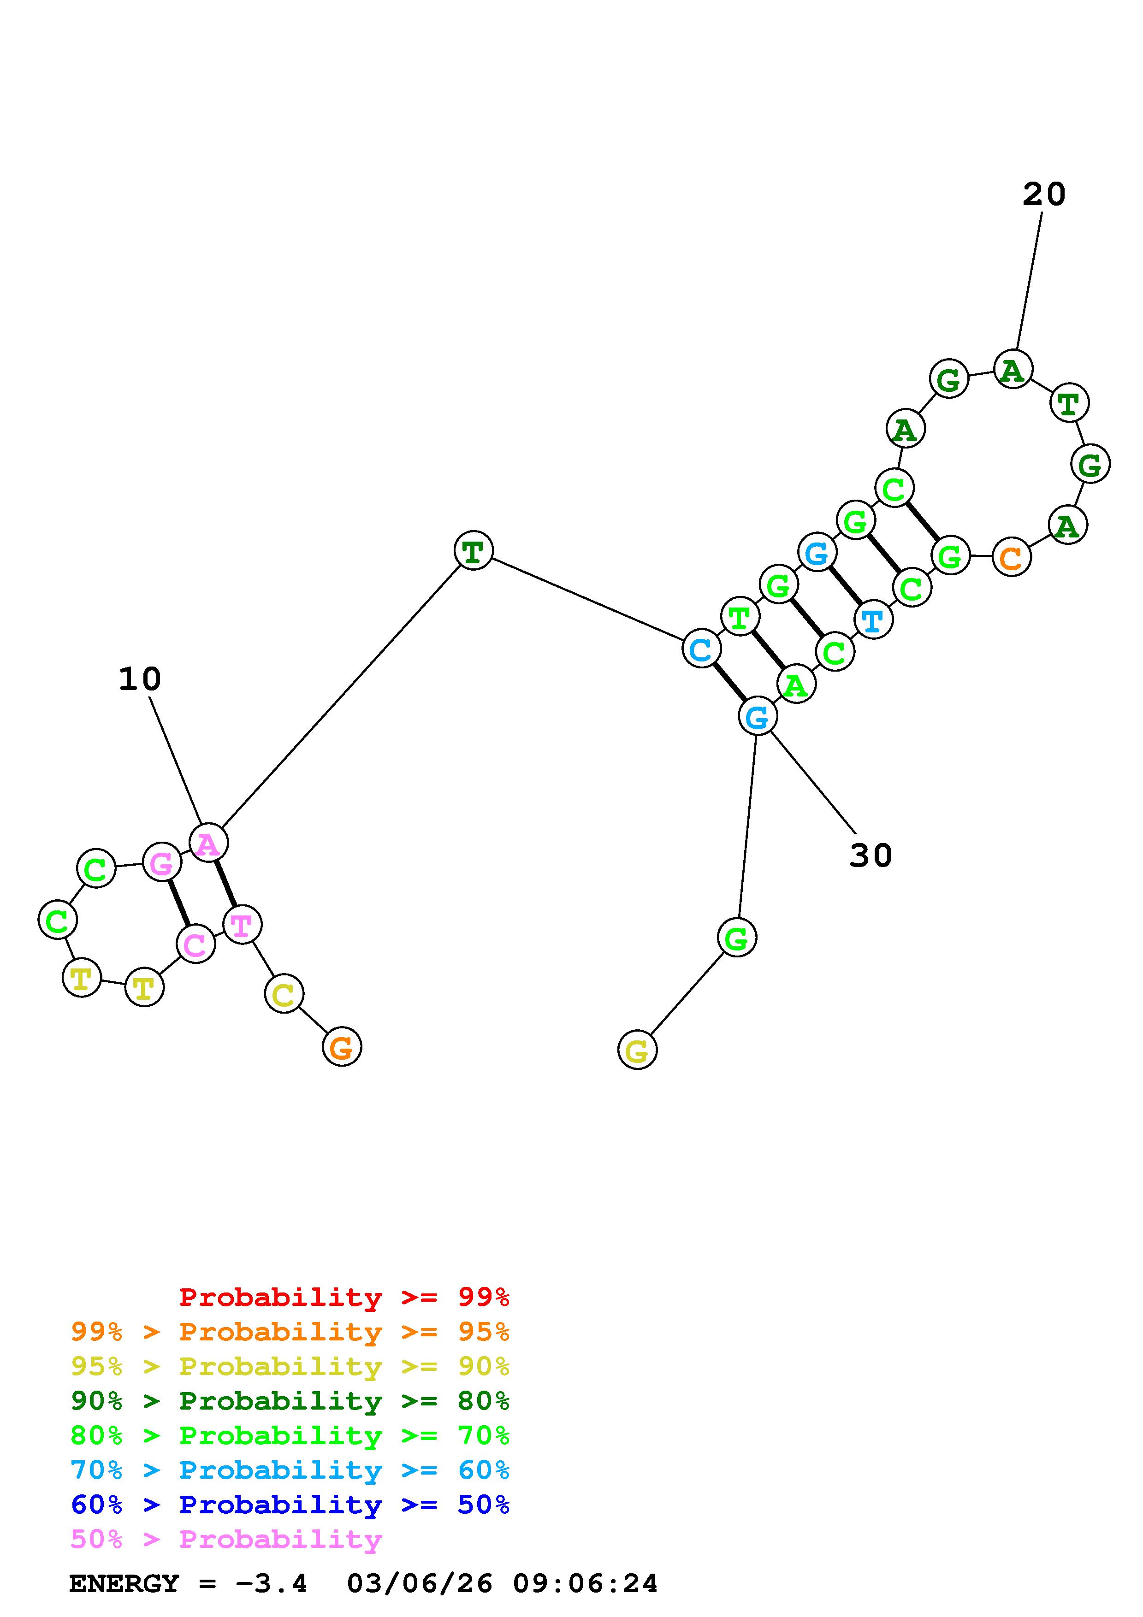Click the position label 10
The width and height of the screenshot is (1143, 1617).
click(x=139, y=679)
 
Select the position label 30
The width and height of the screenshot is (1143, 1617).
click(x=871, y=856)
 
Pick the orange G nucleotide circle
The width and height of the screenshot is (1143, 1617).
click(x=342, y=1047)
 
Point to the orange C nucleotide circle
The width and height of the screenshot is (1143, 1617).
click(x=1011, y=557)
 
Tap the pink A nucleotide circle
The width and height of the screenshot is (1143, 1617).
click(x=208, y=843)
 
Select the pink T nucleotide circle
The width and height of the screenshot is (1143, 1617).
click(x=242, y=925)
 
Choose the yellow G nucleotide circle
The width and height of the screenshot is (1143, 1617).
click(x=637, y=1050)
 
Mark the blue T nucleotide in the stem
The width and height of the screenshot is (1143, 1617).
click(x=872, y=620)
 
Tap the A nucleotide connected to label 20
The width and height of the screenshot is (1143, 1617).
click(x=1013, y=369)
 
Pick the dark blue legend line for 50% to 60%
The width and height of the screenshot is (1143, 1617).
click(x=290, y=1505)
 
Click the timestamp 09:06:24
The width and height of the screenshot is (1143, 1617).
click(x=585, y=1583)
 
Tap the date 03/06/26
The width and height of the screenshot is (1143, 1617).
click(x=420, y=1583)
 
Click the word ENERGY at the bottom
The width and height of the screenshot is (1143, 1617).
click(x=124, y=1583)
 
